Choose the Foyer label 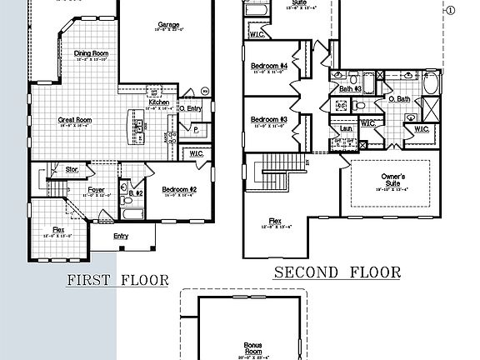[97, 190]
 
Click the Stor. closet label [72, 170]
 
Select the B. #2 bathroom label [137, 192]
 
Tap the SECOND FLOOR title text [337, 272]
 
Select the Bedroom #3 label [269, 119]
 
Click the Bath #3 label [350, 88]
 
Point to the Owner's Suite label [393, 180]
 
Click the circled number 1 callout [451, 11]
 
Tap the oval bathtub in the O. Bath [432, 84]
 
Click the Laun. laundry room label [344, 130]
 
